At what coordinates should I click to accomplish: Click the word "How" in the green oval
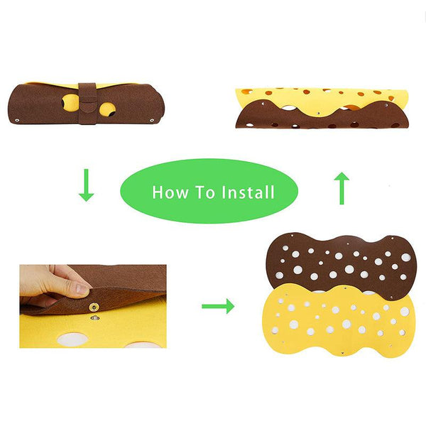(168, 192)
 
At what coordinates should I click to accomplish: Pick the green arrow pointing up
(342, 188)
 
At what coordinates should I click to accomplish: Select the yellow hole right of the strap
(108, 109)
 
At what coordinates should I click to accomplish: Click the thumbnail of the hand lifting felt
(92, 306)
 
